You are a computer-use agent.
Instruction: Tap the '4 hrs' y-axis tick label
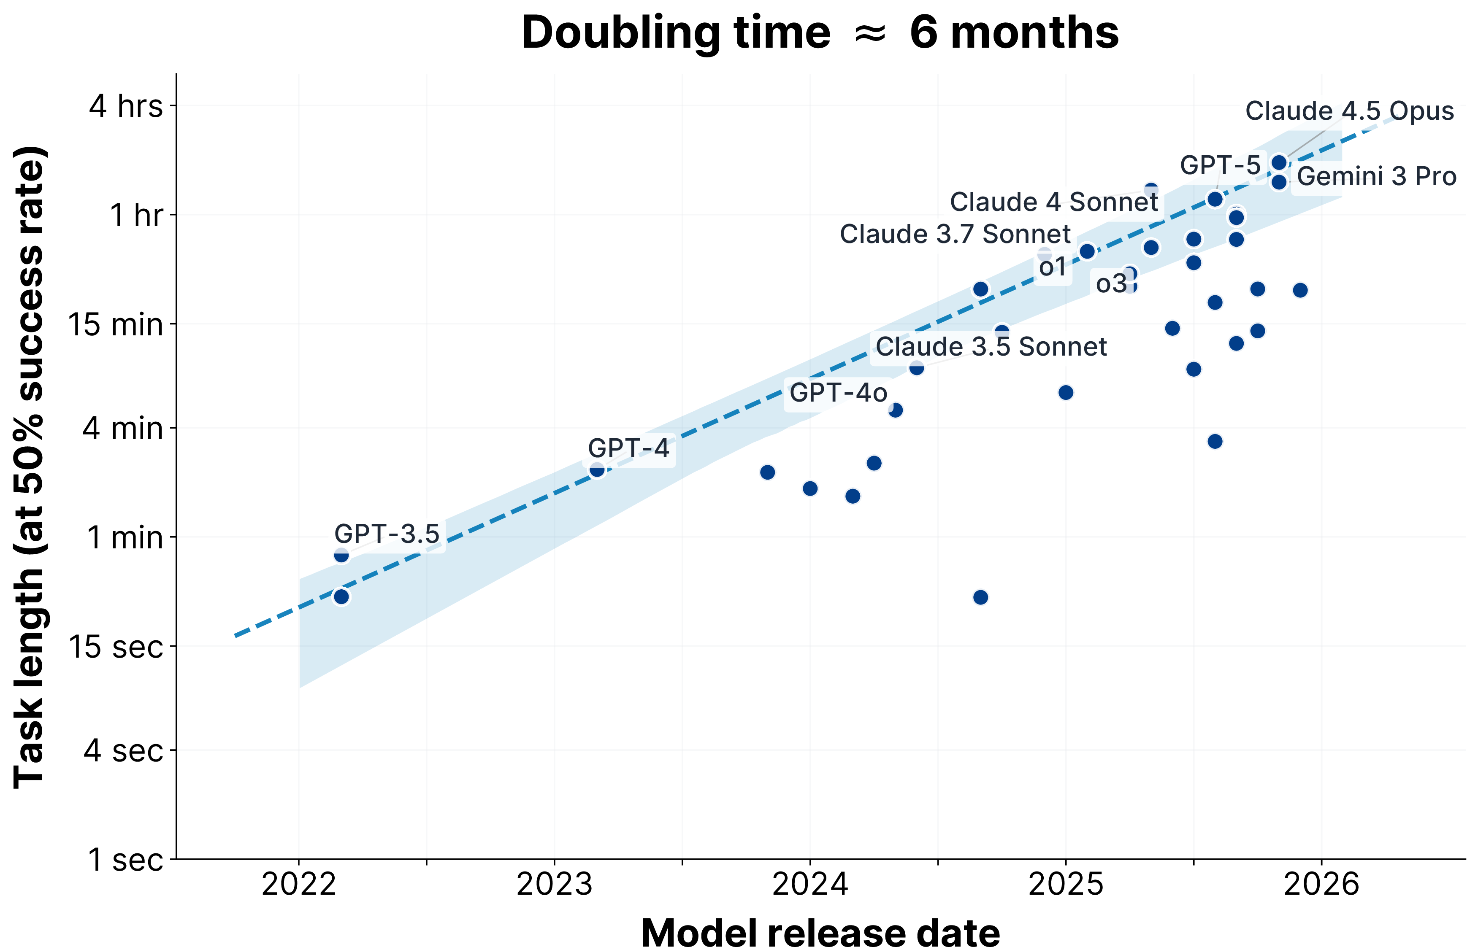click(126, 106)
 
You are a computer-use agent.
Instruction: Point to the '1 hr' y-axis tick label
click(137, 215)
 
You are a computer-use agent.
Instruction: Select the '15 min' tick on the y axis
click(116, 324)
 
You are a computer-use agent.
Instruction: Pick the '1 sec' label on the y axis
click(125, 859)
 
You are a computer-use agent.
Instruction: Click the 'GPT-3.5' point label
click(387, 534)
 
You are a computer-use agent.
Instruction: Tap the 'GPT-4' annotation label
click(628, 448)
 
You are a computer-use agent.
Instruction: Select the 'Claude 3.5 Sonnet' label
click(991, 347)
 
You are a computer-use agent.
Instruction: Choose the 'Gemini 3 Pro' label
click(1377, 176)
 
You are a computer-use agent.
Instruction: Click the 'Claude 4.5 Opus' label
click(1349, 111)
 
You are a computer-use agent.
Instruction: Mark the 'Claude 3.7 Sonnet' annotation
click(955, 234)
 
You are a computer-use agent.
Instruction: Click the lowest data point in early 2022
click(341, 596)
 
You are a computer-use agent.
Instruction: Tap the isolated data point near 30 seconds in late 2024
click(980, 597)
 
